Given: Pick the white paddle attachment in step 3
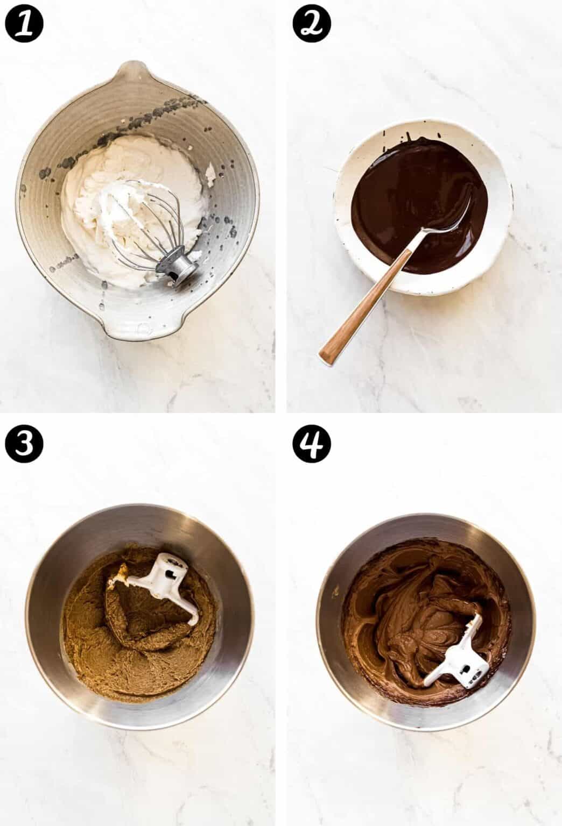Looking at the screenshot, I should [x=161, y=586].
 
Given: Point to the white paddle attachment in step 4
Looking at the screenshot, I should [x=452, y=661].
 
